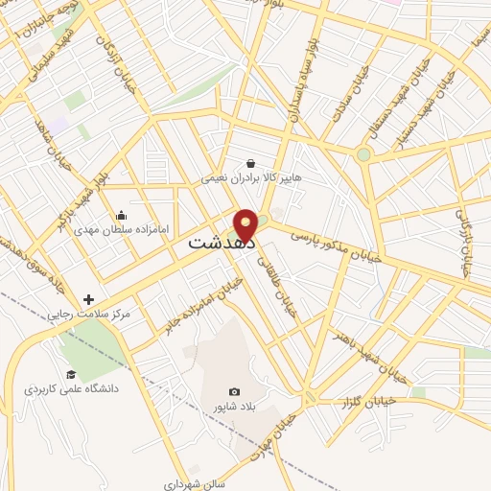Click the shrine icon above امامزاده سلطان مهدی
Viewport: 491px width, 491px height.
(121, 215)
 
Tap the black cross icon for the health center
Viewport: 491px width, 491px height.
(89, 299)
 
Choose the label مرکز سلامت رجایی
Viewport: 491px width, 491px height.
(89, 314)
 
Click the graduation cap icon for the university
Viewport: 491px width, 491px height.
(71, 374)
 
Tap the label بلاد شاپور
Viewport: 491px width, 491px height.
(235, 407)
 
